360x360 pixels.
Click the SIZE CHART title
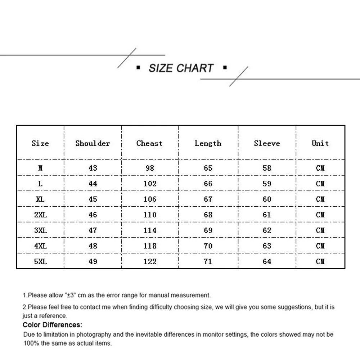coord(181,68)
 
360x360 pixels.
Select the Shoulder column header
coord(93,143)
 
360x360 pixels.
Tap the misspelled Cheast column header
coord(149,143)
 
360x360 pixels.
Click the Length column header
coord(208,143)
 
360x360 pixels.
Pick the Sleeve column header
coord(267,143)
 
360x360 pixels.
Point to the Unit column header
coord(320,143)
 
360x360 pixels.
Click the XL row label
coord(40,199)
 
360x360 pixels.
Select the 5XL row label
coord(40,262)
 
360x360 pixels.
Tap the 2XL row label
coord(40,215)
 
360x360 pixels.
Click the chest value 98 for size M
coord(150,168)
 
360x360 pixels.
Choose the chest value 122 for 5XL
coord(150,262)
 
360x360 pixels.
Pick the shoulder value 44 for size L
coord(93,184)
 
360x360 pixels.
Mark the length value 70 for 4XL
coord(208,246)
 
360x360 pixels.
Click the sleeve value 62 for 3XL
coord(267,230)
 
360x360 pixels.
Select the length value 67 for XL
coord(208,199)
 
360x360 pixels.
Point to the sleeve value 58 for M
coord(267,168)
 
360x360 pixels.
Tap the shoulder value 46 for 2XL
coord(93,215)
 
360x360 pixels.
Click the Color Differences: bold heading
coord(52,325)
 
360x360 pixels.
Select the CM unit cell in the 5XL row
coord(320,262)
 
